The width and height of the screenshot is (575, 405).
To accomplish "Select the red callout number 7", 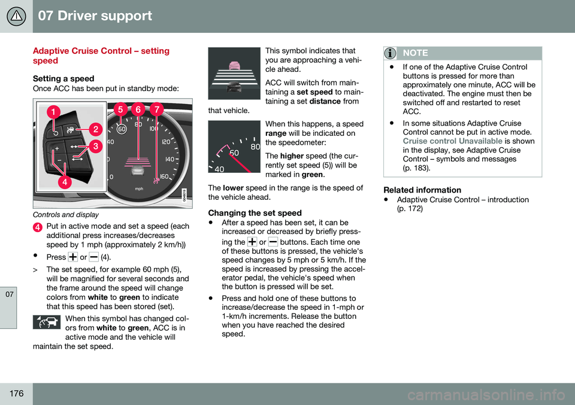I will click(157, 109).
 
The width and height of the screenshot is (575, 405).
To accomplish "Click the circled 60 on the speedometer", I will click(122, 129).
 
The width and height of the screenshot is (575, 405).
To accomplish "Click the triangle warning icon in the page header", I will click(16, 16).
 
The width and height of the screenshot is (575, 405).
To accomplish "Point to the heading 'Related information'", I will click(422, 190).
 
